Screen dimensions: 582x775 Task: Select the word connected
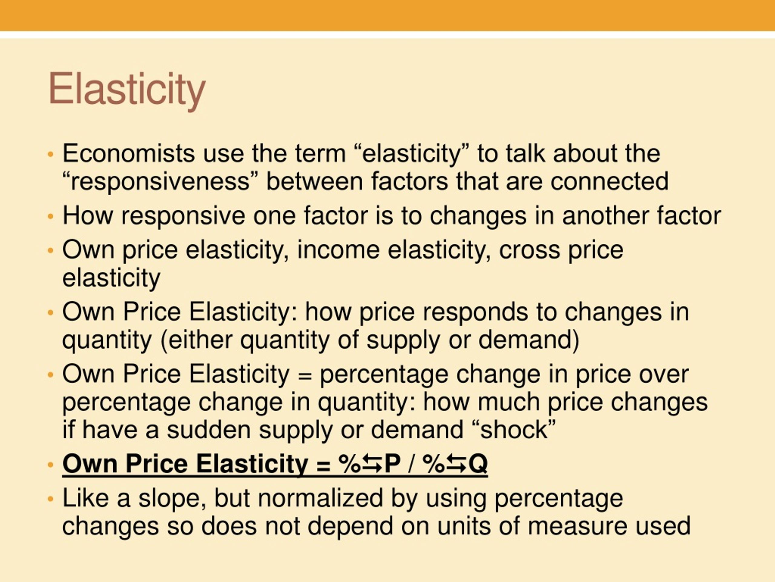pyautogui.click(x=609, y=181)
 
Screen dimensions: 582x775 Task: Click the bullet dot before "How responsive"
pyautogui.click(x=51, y=216)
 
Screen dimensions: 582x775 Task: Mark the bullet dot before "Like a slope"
pyautogui.click(x=51, y=499)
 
